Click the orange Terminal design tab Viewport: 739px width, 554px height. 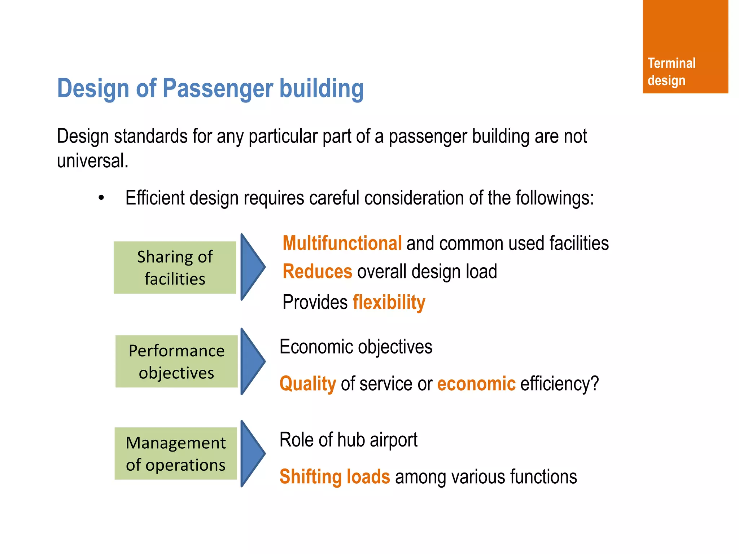click(x=685, y=47)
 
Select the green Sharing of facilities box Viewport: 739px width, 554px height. click(x=175, y=268)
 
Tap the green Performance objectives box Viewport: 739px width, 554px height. click(x=176, y=361)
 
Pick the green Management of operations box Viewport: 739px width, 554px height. click(x=176, y=454)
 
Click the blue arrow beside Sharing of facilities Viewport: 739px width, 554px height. click(x=252, y=267)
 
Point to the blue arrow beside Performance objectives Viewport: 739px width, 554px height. click(x=252, y=361)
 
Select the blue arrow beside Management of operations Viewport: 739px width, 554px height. click(x=252, y=454)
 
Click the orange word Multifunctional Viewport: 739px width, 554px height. click(x=342, y=243)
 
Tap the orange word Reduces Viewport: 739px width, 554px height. click(x=317, y=272)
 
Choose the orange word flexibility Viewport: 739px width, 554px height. click(x=389, y=302)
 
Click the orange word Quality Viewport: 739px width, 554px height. click(x=308, y=383)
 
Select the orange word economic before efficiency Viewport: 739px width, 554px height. click(x=476, y=383)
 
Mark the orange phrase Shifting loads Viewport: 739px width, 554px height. click(x=334, y=476)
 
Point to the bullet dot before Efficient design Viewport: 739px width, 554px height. click(x=101, y=198)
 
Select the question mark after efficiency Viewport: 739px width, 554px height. click(x=594, y=383)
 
